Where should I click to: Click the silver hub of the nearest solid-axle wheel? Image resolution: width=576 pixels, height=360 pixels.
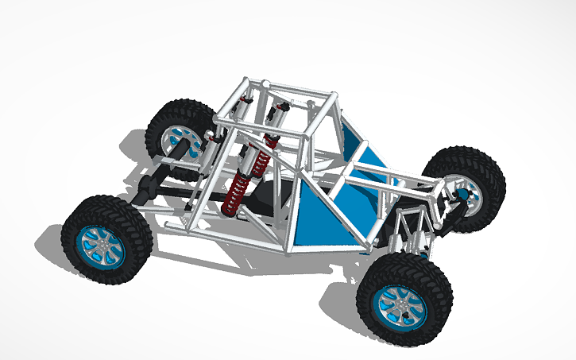coord(101,242)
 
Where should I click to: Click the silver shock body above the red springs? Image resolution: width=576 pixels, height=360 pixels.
coord(257,162)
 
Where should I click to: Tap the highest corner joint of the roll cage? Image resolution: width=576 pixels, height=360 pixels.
coord(267,83)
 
